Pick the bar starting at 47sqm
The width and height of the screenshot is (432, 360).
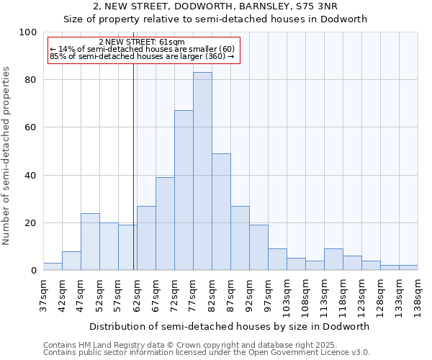coord(90,242)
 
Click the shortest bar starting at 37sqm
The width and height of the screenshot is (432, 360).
coord(53,266)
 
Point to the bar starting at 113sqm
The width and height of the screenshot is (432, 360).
coord(333,259)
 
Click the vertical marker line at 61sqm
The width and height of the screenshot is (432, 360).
coord(133,166)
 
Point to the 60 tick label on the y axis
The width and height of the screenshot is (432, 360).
coord(30,127)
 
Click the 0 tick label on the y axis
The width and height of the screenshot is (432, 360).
coord(33,271)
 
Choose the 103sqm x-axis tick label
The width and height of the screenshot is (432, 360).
coord(287,296)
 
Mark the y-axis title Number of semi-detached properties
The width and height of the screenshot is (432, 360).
coord(7,156)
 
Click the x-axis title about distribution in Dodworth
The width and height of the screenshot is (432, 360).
coord(229,326)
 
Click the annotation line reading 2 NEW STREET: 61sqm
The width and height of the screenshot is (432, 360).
coord(141,42)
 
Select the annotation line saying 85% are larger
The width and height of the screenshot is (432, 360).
coord(141,56)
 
